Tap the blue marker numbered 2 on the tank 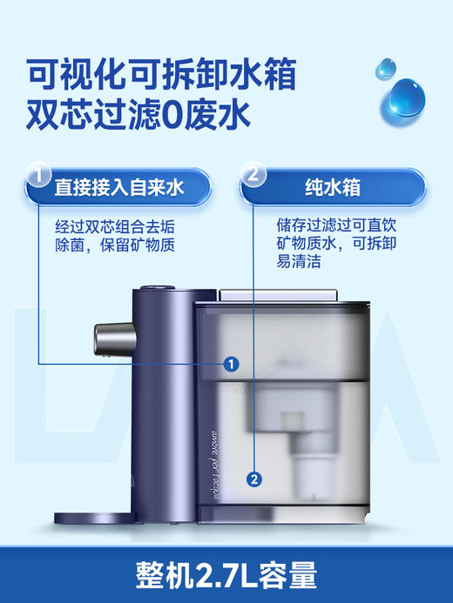click(x=254, y=478)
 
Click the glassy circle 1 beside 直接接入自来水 click(x=37, y=173)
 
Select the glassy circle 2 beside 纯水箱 click(x=253, y=173)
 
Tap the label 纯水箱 click(x=333, y=186)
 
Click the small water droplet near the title click(x=384, y=69)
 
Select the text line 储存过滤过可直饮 click(x=331, y=224)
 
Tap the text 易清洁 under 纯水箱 click(x=298, y=263)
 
